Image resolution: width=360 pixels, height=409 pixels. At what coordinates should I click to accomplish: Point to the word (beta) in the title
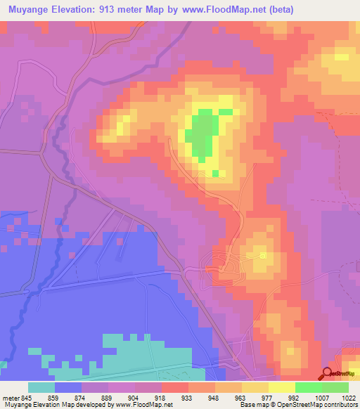click(278, 10)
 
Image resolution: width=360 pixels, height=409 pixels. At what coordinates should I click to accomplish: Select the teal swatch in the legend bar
click(41, 387)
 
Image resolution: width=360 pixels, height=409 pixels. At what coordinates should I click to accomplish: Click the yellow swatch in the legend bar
click(282, 387)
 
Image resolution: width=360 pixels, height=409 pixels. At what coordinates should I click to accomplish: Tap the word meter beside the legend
click(10, 397)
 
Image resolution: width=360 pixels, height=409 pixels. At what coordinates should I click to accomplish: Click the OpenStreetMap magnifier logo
click(326, 374)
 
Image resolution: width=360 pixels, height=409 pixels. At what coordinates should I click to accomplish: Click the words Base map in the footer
click(250, 405)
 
